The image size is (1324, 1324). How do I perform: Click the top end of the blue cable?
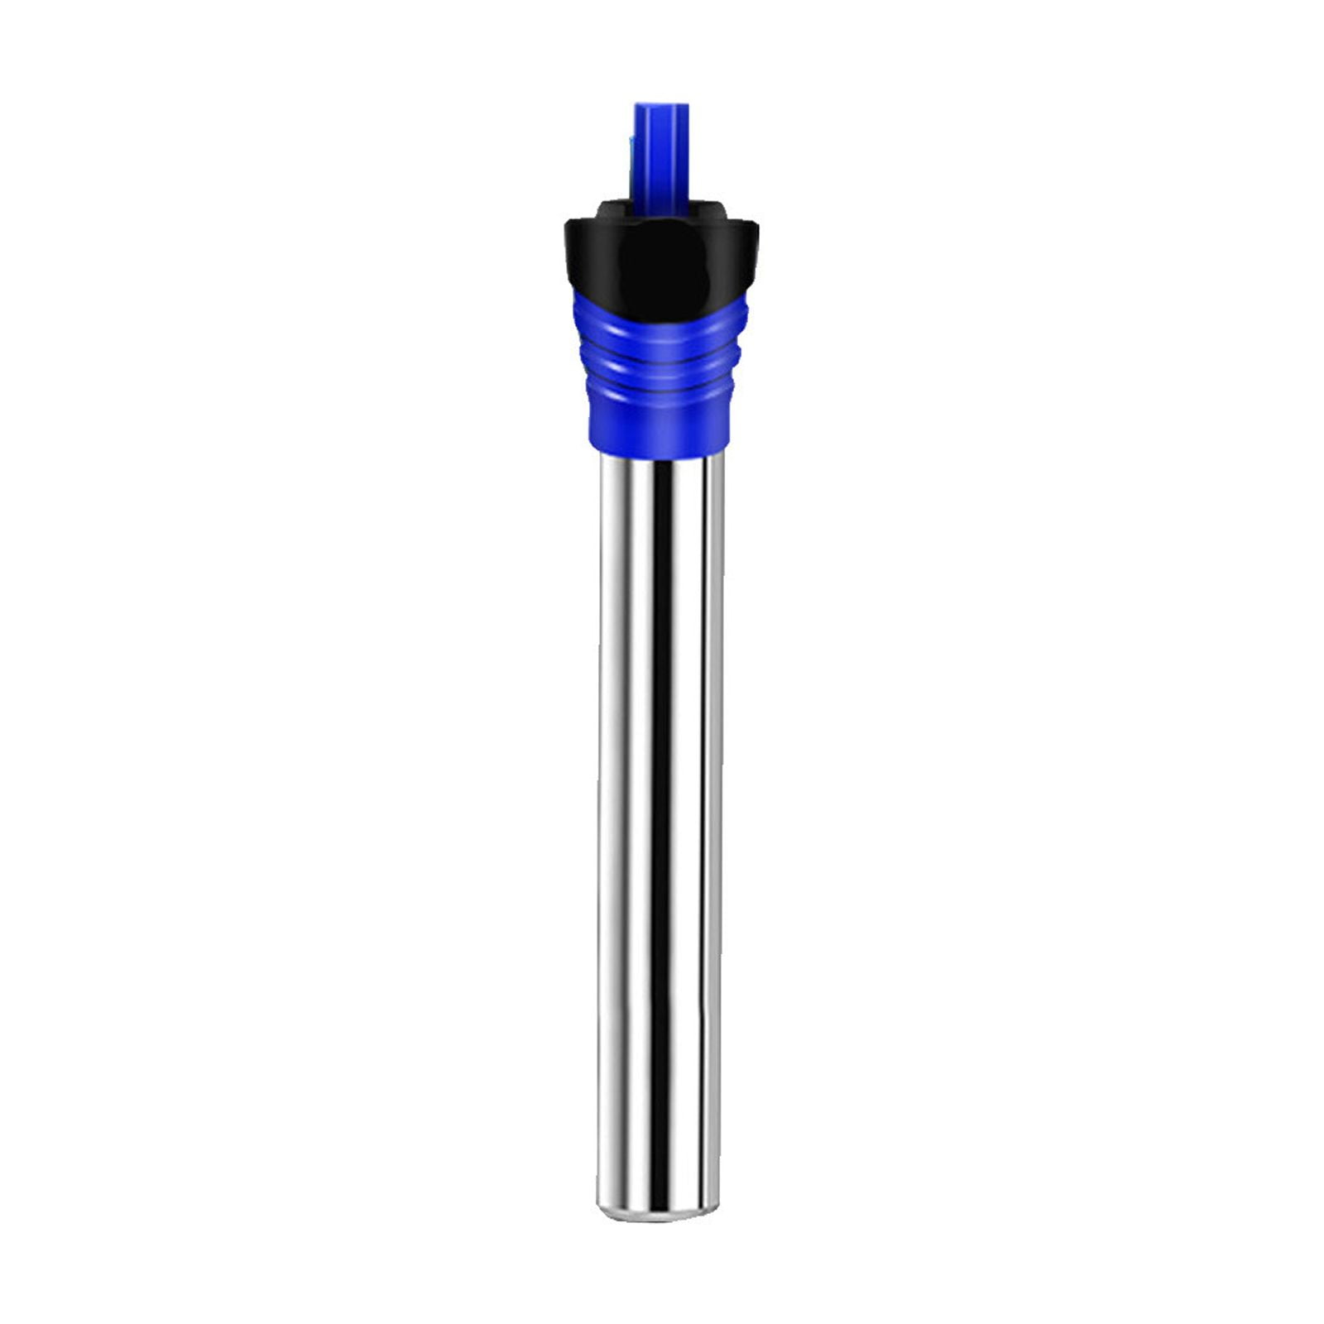point(660,106)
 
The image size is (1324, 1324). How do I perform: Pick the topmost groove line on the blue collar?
point(660,354)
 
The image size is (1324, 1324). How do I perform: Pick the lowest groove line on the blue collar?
point(660,396)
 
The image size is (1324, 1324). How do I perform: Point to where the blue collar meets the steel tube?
point(660,455)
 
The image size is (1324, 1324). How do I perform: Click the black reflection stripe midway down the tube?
point(660,827)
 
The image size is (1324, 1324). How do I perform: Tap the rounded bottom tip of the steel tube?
point(660,1218)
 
